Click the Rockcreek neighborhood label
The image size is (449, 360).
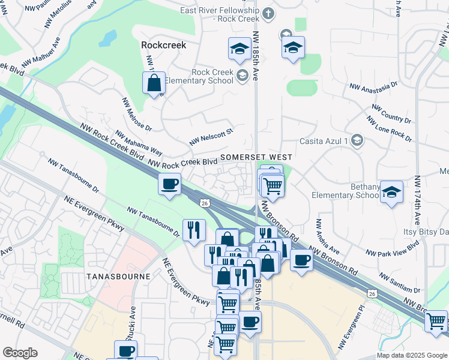(x=163, y=45)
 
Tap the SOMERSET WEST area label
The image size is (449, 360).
(x=256, y=157)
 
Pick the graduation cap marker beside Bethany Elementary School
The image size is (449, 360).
(x=391, y=193)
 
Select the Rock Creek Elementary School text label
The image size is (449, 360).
(x=212, y=76)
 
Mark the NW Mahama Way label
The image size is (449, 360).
(x=139, y=143)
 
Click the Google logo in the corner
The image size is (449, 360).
(x=20, y=353)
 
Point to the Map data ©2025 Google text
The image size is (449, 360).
(x=412, y=355)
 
